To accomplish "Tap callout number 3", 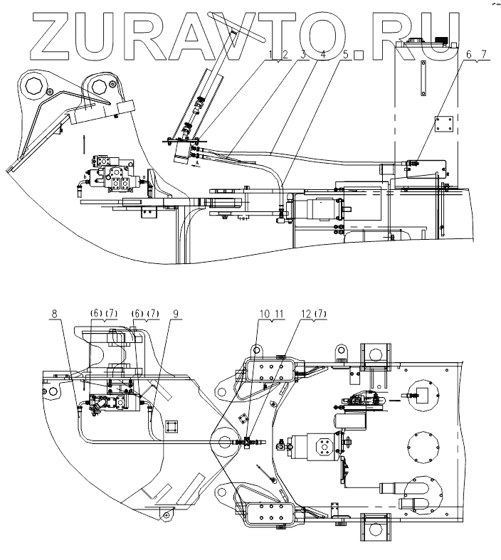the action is tap(302, 53).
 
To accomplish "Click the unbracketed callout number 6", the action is tap(469, 53).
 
